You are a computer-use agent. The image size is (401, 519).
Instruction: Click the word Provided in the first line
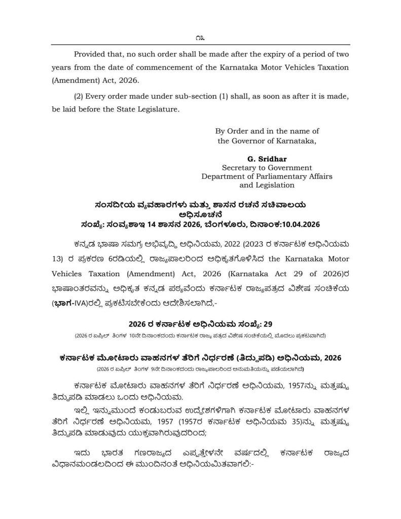(92, 54)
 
